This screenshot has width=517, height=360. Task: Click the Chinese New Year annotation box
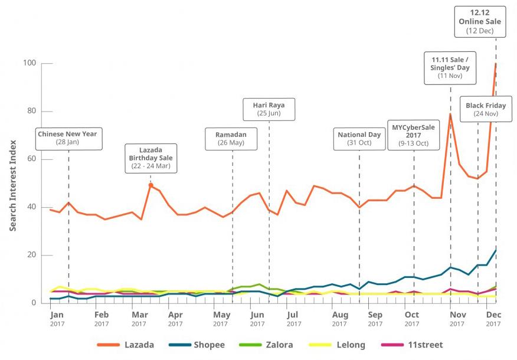click(67, 138)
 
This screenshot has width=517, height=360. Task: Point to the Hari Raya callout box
click(269, 110)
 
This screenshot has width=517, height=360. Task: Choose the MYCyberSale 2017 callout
click(413, 135)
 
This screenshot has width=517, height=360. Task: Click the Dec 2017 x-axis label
click(493, 319)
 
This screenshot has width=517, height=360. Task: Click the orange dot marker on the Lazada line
click(150, 185)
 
